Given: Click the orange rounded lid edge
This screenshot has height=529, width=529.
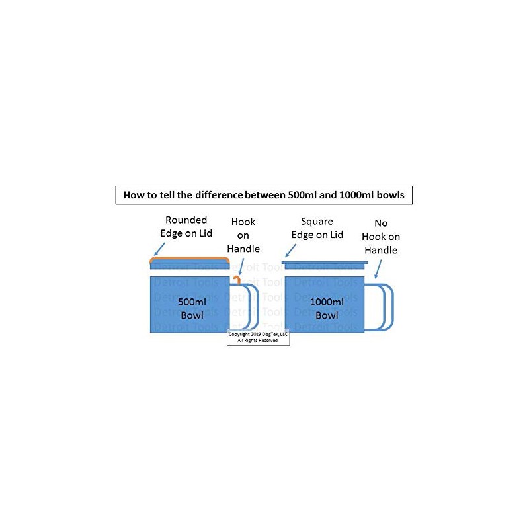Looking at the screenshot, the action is [x=190, y=259].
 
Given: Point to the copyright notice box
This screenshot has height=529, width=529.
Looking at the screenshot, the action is [x=259, y=337].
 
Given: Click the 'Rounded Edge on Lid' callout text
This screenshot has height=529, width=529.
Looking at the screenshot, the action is [x=186, y=225].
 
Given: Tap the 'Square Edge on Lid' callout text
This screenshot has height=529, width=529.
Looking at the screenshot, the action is [x=322, y=228].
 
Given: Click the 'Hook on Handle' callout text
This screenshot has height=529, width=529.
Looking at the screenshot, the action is [x=243, y=235].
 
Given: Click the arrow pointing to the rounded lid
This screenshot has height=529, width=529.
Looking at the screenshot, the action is [x=159, y=249].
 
